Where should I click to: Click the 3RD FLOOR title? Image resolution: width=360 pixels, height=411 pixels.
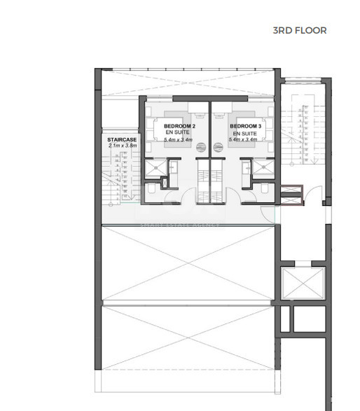pos(300,31)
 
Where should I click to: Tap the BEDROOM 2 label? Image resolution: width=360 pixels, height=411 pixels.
pos(171,126)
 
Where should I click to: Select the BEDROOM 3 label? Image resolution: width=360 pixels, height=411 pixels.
pos(245,126)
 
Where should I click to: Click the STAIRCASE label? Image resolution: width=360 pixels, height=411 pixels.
pos(122,140)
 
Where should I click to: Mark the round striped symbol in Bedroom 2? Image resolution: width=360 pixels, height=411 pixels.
pos(200,147)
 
